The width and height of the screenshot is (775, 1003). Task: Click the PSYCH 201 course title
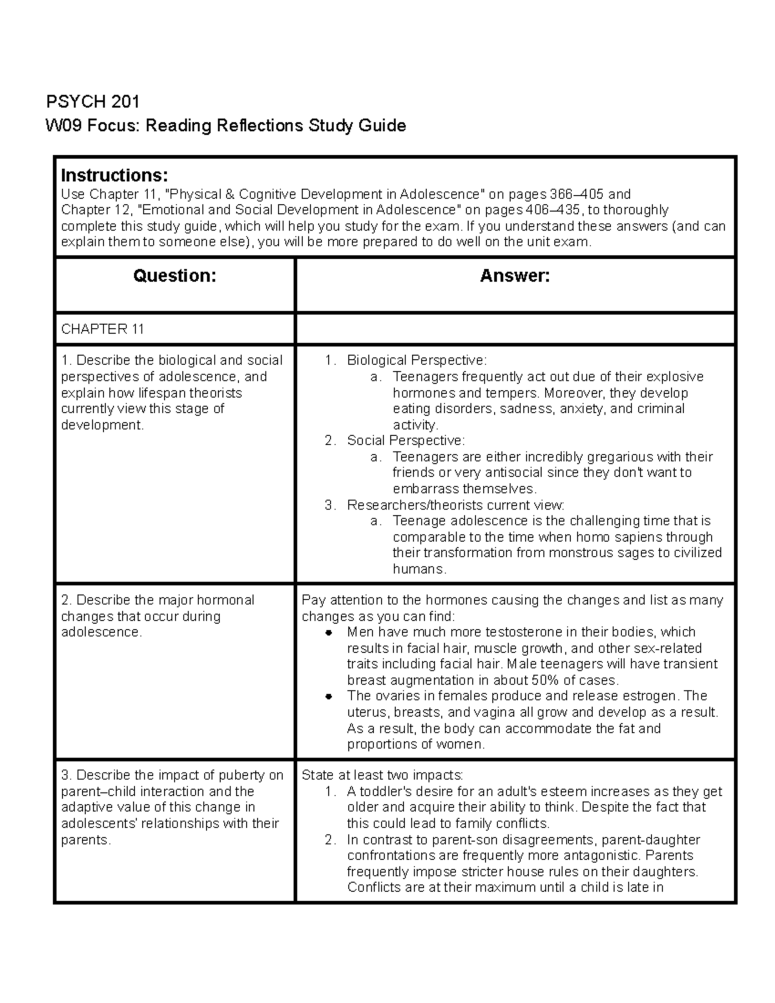(x=92, y=101)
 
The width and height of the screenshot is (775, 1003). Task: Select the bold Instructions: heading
(x=114, y=175)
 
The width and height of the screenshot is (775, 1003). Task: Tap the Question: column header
(x=174, y=276)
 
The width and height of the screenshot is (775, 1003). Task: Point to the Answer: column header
(x=515, y=276)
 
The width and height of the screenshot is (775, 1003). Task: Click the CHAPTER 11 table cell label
(x=102, y=329)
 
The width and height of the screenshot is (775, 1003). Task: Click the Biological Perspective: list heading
(x=417, y=360)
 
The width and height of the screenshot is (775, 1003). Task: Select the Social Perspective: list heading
(x=406, y=440)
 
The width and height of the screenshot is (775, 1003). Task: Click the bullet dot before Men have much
(x=329, y=632)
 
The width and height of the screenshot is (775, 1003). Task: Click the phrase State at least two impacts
(x=382, y=776)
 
